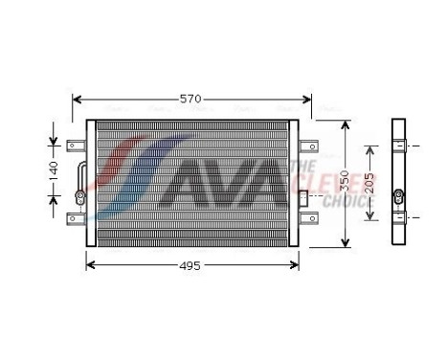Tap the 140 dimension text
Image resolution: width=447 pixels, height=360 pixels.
tap(55, 172)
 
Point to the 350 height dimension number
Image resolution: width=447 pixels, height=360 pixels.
tap(345, 181)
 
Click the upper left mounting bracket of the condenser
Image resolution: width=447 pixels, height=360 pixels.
tap(75, 146)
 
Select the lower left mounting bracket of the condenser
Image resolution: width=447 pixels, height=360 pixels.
tap(75, 219)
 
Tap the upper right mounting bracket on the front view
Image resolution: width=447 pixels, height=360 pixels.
tap(308, 146)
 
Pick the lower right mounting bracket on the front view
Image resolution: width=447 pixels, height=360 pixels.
tap(308, 219)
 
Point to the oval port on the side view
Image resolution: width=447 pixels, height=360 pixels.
tap(399, 182)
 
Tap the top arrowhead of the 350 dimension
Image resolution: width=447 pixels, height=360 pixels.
tap(345, 124)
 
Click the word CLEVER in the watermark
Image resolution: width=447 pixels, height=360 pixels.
tap(346, 184)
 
